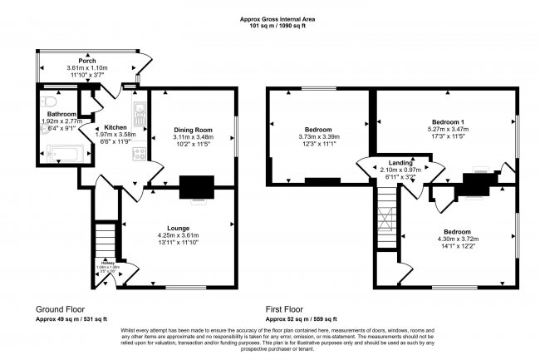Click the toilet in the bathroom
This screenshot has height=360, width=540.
(50, 103)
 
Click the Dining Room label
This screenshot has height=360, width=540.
(194, 130)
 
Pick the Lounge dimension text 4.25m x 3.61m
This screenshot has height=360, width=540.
(178, 235)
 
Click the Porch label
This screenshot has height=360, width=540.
(87, 61)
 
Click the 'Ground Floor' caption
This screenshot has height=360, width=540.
(60, 307)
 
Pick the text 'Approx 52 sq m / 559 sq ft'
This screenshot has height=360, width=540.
(301, 318)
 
